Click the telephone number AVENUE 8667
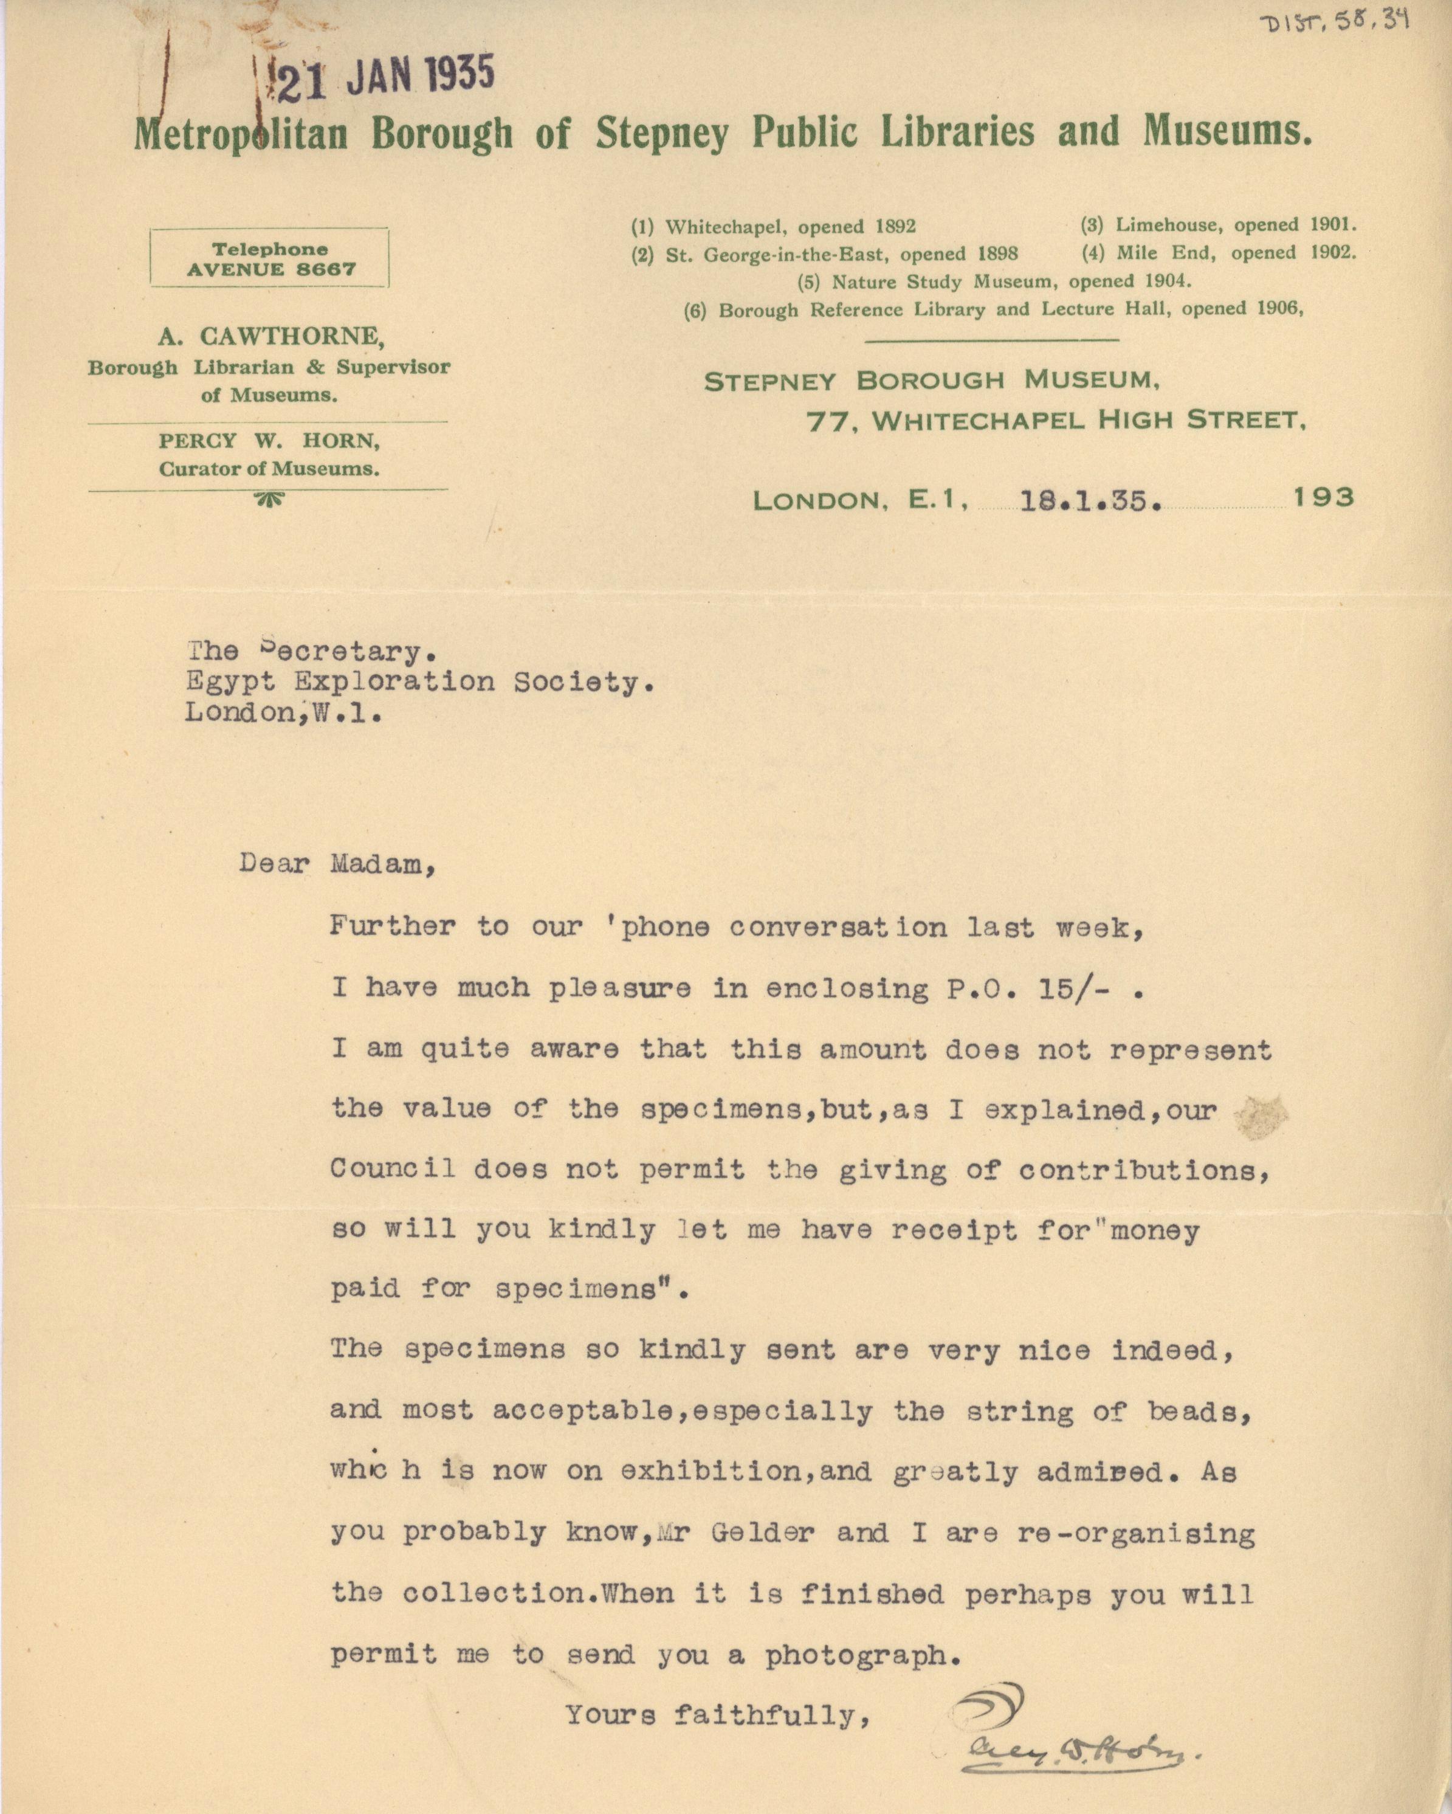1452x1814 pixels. pyautogui.click(x=270, y=270)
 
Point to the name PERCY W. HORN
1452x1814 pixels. pyautogui.click(x=269, y=441)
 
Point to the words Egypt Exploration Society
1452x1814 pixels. pyautogui.click(x=419, y=681)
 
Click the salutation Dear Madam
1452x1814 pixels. pyautogui.click(x=337, y=864)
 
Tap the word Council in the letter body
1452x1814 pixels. pyautogui.click(x=393, y=1168)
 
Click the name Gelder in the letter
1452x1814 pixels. pyautogui.click(x=762, y=1532)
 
